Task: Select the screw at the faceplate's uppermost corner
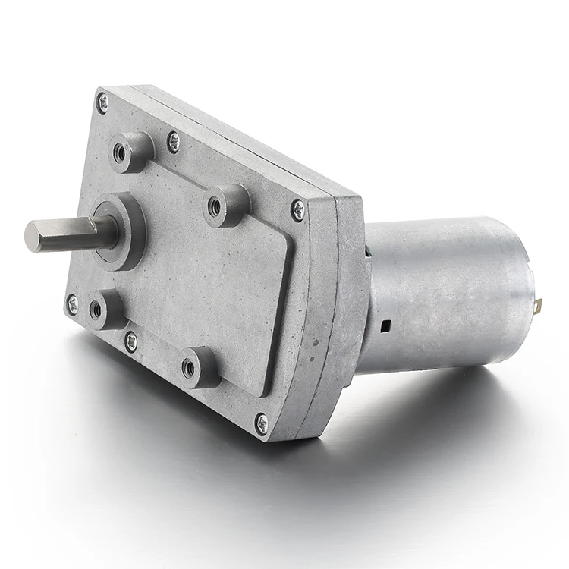point(102,102)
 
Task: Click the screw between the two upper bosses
point(174,140)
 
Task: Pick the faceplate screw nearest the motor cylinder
point(298,209)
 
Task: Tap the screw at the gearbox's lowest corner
point(262,423)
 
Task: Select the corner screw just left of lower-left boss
point(72,303)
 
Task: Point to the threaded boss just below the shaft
point(96,309)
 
